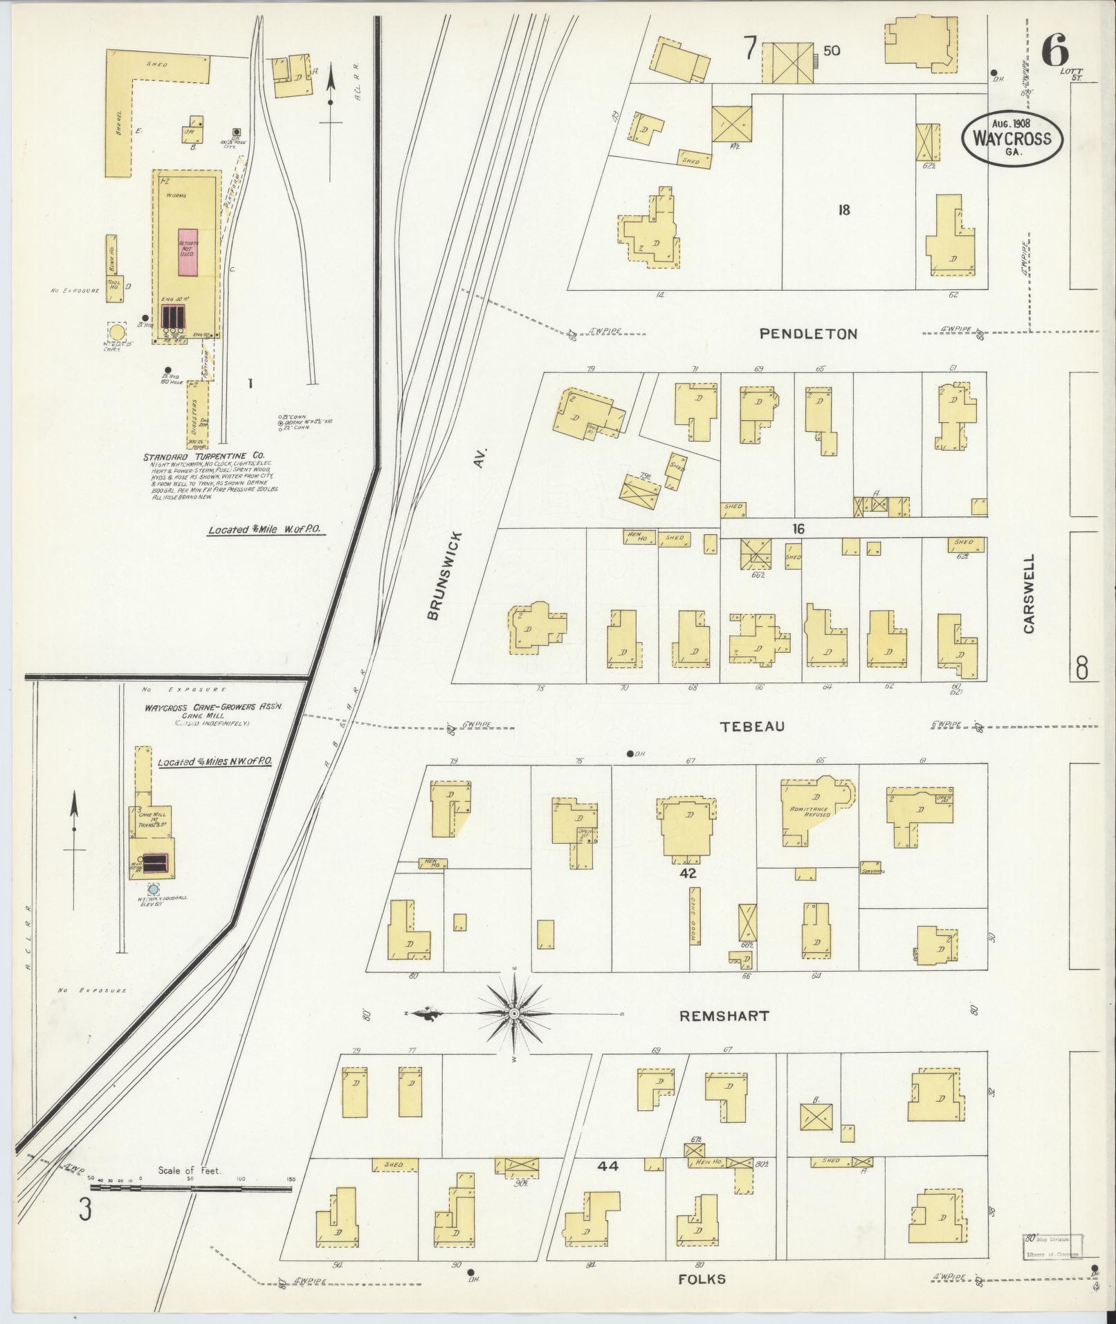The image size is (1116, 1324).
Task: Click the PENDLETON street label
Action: coord(808,334)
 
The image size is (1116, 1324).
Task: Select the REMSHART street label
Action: coord(724,1016)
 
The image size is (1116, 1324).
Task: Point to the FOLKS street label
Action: coord(702,1279)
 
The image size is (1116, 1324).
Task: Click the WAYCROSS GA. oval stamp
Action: coord(1012,138)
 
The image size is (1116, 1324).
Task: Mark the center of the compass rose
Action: coord(514,1014)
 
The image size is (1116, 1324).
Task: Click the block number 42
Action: coord(688,874)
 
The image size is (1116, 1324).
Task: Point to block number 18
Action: coord(843,210)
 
